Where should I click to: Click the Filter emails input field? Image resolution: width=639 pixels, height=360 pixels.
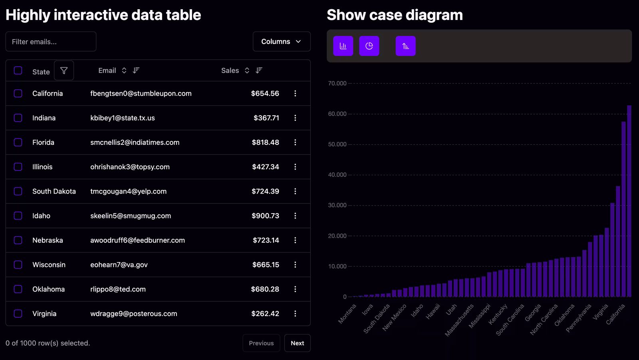(x=51, y=42)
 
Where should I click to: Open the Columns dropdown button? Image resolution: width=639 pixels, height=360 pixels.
(x=281, y=42)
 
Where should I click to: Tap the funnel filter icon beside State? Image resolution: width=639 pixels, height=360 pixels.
(x=64, y=71)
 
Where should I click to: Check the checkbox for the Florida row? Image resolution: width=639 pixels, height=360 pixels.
(x=18, y=142)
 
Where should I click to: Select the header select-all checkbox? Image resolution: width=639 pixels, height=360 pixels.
(x=18, y=71)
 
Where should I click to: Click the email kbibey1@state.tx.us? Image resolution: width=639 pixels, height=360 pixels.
(x=122, y=118)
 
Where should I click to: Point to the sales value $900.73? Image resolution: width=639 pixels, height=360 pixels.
(x=265, y=216)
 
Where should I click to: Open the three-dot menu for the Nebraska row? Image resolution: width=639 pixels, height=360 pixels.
(x=295, y=240)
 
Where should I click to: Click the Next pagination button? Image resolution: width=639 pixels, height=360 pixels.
(x=297, y=343)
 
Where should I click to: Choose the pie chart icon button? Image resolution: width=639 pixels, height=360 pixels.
(x=369, y=46)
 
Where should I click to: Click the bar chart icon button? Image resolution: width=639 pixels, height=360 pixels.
(x=343, y=46)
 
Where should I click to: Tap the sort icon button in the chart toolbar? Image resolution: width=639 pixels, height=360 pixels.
(x=405, y=46)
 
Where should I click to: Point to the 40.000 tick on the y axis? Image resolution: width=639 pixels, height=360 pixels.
(x=337, y=175)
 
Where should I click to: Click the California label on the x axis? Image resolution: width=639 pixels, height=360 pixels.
(x=616, y=314)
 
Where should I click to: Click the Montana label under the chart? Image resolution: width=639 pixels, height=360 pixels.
(x=347, y=313)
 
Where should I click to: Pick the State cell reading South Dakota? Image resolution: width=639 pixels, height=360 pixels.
(x=54, y=191)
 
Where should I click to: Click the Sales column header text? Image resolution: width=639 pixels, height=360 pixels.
(x=230, y=71)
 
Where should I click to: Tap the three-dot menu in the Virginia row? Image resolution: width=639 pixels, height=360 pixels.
(x=295, y=314)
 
